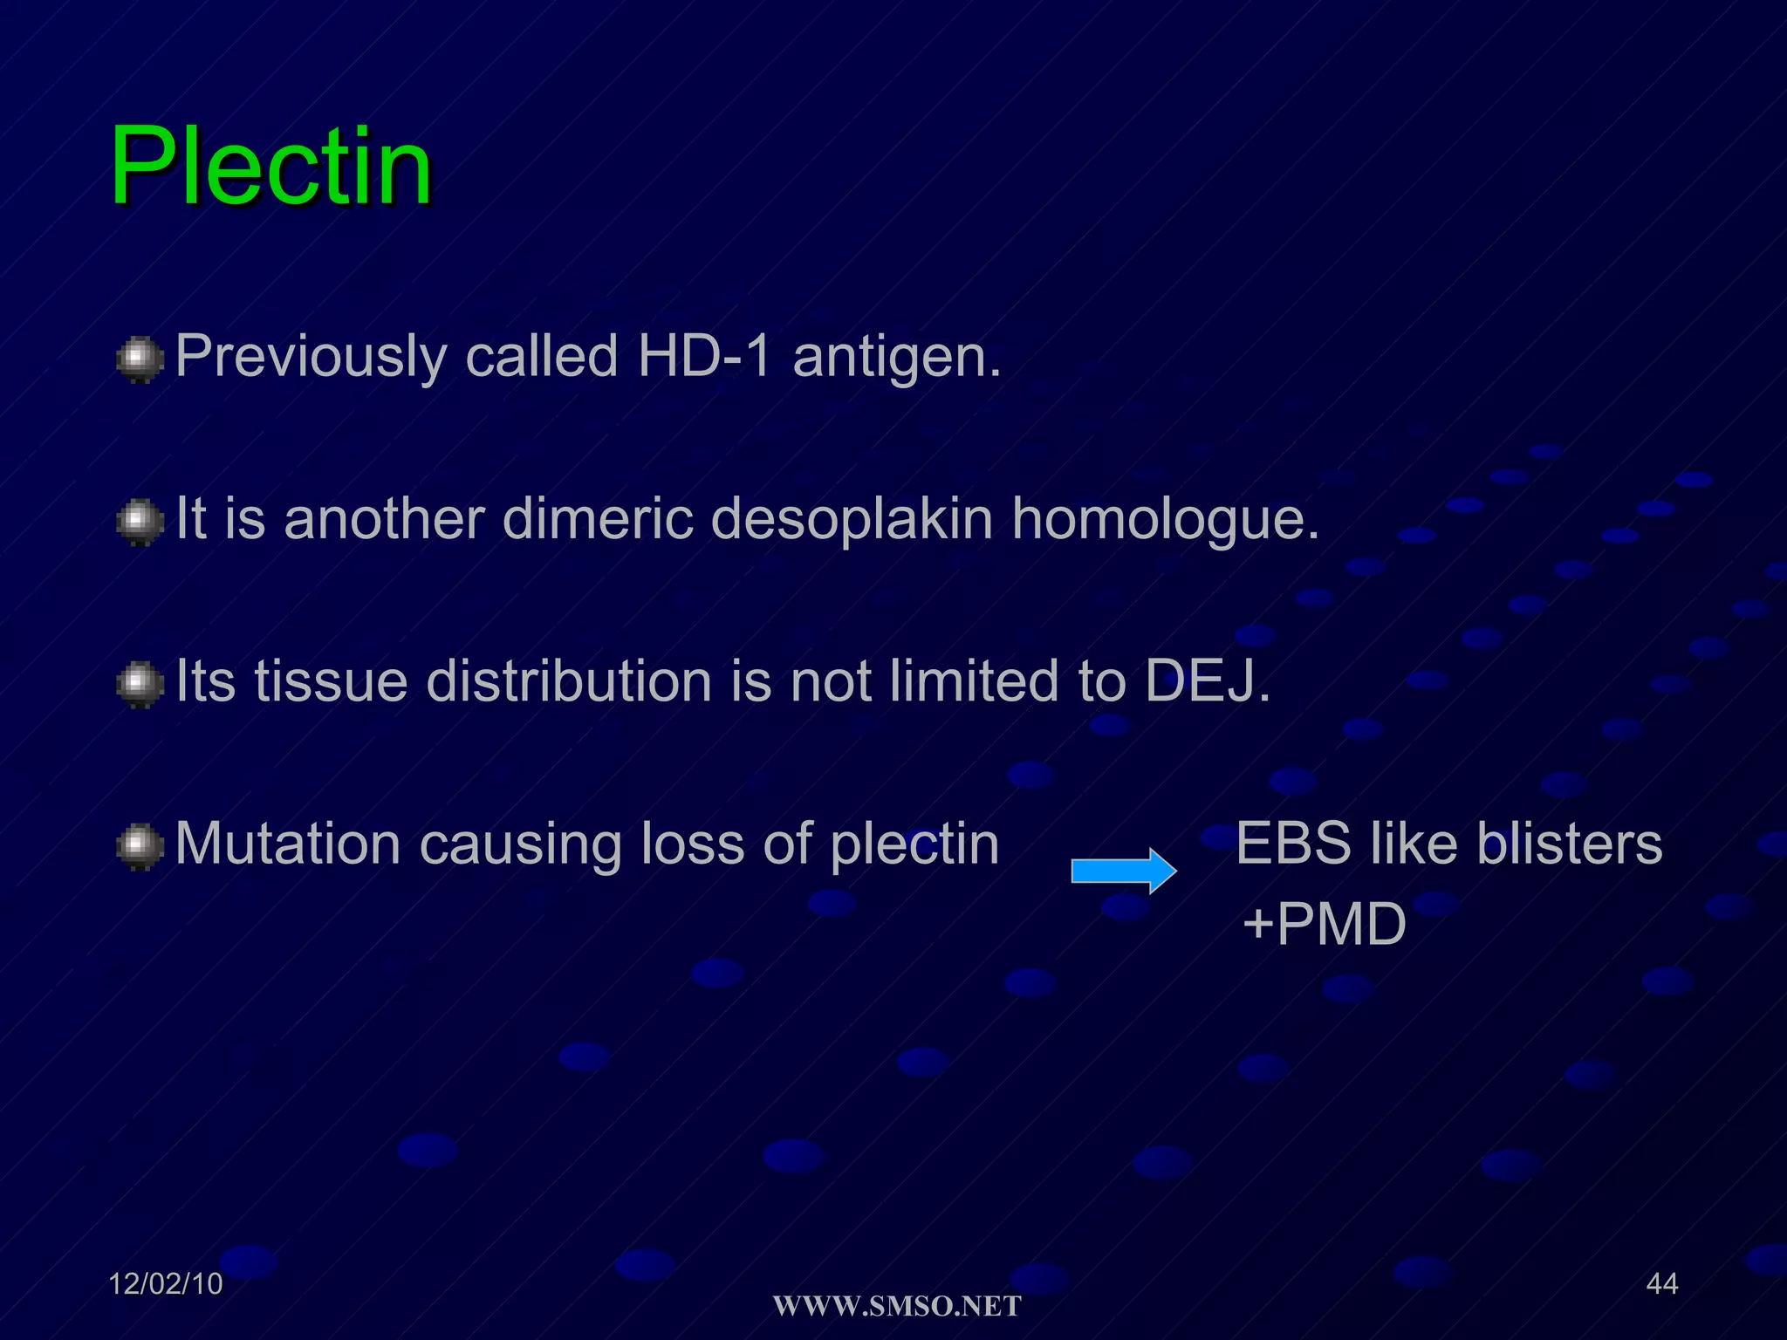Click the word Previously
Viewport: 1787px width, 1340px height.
coord(311,358)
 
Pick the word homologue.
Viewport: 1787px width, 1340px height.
coord(1165,520)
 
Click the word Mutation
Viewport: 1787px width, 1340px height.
coord(288,844)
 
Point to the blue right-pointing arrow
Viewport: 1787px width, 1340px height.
coord(1124,871)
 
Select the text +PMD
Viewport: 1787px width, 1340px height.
coord(1324,924)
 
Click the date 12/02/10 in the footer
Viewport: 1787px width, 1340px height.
coord(165,1283)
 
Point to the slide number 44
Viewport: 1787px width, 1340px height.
coord(1661,1283)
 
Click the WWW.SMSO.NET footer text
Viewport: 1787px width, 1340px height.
coord(897,1306)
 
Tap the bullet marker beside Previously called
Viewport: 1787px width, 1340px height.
coord(140,359)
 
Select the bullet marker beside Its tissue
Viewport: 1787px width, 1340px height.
coord(140,684)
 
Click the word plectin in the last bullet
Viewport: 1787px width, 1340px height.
coord(914,844)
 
